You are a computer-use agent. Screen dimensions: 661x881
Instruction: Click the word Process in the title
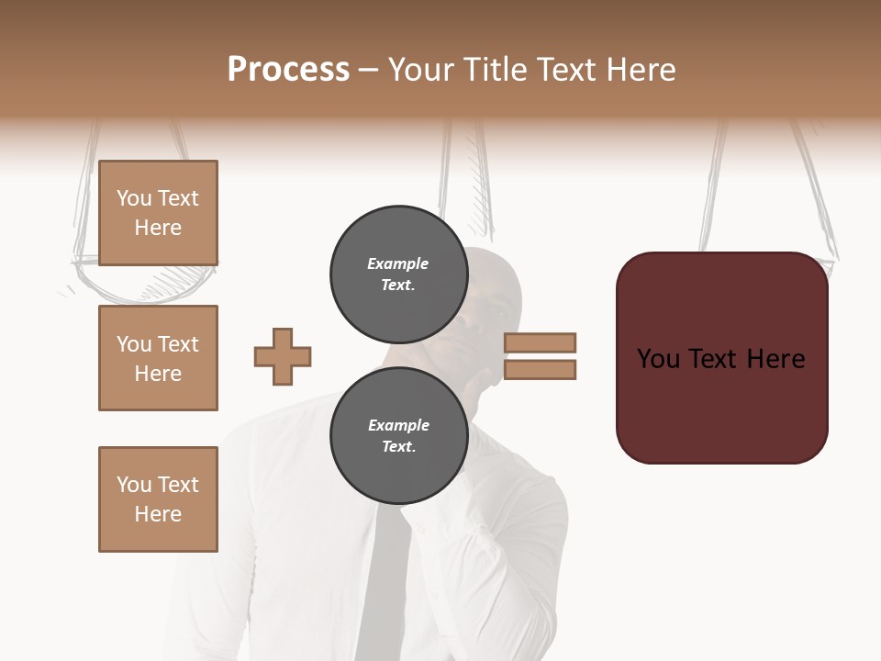point(288,70)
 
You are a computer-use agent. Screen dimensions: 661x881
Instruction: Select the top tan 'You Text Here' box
point(158,213)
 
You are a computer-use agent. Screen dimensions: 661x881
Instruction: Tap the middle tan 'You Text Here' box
point(158,358)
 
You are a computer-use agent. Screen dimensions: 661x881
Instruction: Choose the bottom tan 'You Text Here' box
point(158,499)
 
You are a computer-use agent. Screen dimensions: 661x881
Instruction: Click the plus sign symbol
point(283,356)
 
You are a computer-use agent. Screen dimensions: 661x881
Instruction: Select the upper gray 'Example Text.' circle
point(398,274)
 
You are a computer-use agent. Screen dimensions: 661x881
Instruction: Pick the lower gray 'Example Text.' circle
point(398,435)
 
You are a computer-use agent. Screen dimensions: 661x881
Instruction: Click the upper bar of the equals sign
point(540,343)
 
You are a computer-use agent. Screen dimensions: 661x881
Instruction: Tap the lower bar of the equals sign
point(540,369)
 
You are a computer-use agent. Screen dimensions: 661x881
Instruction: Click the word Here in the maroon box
point(775,359)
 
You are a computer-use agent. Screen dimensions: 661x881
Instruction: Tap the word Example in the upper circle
point(398,263)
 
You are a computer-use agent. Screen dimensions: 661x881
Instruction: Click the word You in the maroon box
point(659,359)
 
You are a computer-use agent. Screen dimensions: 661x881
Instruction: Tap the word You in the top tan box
point(134,198)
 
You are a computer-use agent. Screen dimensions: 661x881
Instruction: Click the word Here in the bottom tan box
point(158,514)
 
